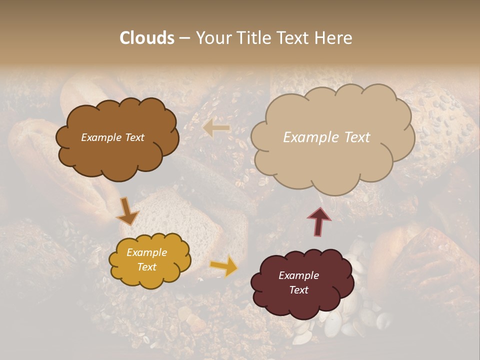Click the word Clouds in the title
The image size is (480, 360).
[x=147, y=38]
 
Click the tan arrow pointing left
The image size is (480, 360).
[x=216, y=128]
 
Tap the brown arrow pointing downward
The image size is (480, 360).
[x=127, y=211]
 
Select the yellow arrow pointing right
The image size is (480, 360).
[x=224, y=266]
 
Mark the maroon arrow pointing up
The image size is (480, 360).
[x=319, y=221]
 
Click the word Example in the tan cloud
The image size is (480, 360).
[x=307, y=137]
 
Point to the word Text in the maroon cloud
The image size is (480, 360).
[x=298, y=290]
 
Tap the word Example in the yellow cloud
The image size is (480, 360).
[x=146, y=252]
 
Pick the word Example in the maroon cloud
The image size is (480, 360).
[x=298, y=275]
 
